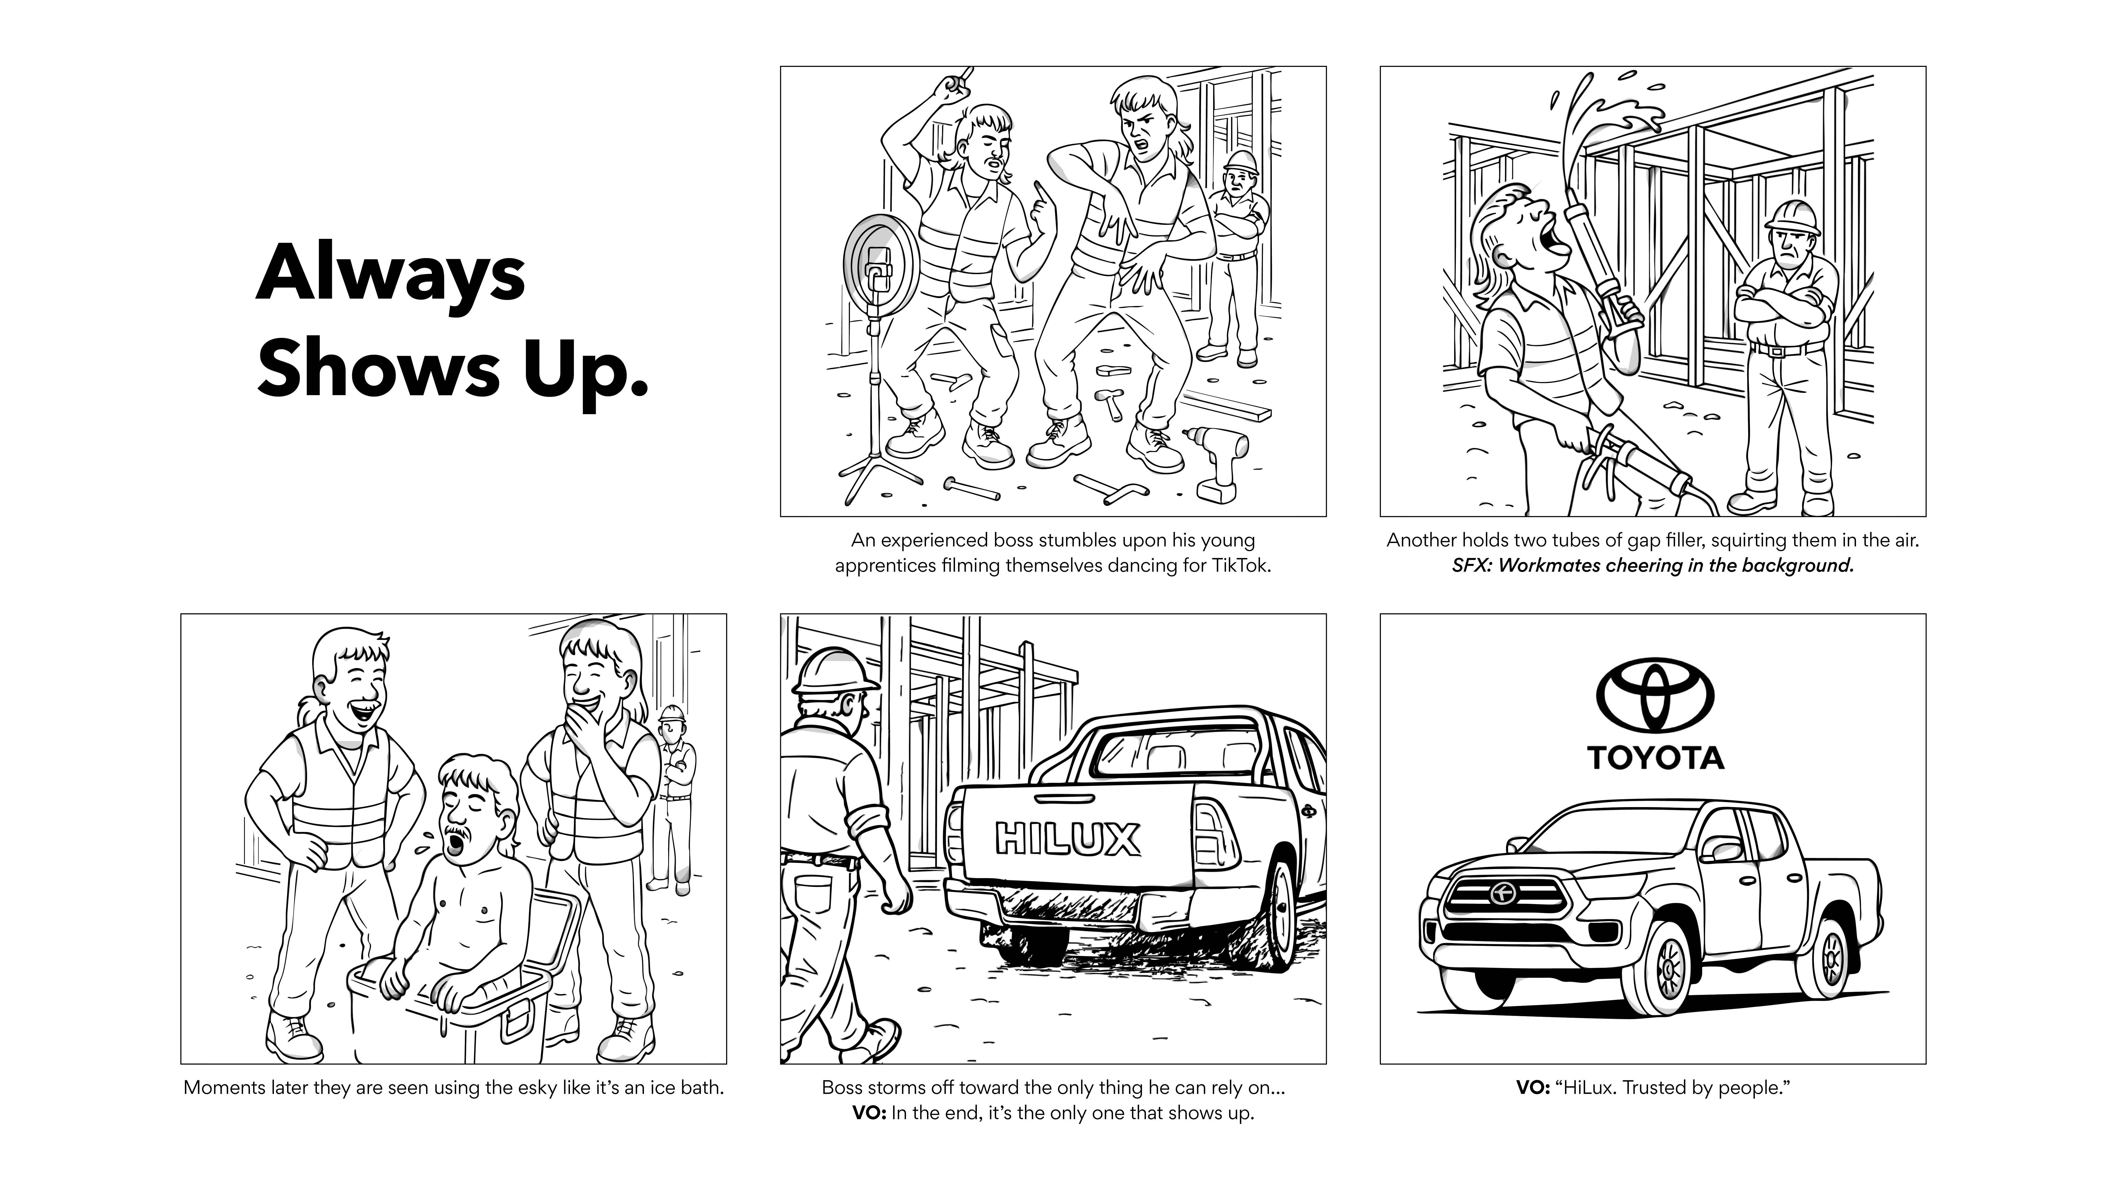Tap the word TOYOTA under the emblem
point(1656,757)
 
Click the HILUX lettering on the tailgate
point(1067,838)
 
